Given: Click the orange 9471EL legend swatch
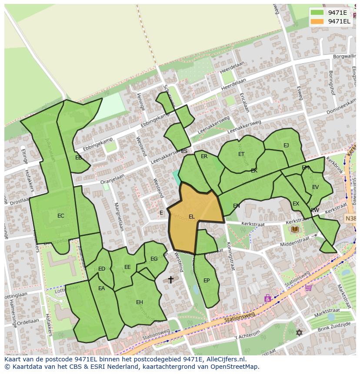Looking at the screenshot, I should [317, 21].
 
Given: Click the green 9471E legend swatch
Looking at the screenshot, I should [317, 13].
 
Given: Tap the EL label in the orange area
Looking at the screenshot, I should [192, 217].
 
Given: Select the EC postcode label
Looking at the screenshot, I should [61, 216].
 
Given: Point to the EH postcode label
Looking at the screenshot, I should [140, 302].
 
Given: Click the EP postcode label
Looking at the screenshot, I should [207, 281].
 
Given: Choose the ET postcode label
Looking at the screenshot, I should [241, 154].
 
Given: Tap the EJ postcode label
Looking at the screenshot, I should [286, 146].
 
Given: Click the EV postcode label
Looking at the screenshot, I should [316, 187].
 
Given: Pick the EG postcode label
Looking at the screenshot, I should [154, 259].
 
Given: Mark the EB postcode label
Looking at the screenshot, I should [78, 158].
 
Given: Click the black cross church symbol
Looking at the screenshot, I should [171, 279].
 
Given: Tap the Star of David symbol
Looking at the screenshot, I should [299, 333].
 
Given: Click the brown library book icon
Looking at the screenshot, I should [295, 229].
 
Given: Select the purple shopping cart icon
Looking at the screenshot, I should [308, 287].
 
